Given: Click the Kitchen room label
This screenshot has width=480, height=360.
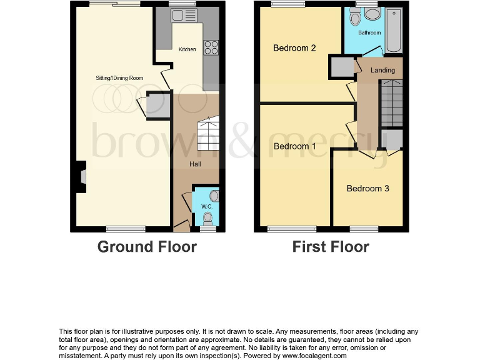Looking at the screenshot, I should (x=187, y=49).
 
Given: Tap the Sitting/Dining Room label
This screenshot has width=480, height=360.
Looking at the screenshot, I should (x=119, y=78).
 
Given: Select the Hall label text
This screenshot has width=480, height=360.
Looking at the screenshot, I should (x=196, y=164).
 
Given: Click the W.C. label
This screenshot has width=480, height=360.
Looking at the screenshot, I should (x=207, y=206).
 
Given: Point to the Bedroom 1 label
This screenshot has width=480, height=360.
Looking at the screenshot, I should (x=295, y=146).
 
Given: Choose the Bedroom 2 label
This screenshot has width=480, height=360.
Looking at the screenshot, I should (x=294, y=48).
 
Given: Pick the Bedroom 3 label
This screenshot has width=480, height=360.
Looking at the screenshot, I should (x=367, y=188).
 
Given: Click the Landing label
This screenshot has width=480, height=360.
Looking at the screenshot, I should (x=382, y=70).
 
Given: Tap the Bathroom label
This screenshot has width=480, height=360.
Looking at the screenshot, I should (x=369, y=32).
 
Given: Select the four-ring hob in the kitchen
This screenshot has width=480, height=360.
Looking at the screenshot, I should (x=211, y=47).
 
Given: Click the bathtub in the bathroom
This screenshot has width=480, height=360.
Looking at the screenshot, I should (x=394, y=31).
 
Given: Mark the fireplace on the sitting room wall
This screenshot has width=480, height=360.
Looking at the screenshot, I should (x=81, y=176).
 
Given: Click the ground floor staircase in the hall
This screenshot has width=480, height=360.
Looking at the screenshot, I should (x=207, y=134).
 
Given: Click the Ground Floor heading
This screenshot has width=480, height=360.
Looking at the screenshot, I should (x=147, y=247).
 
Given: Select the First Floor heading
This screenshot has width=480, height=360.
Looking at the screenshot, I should (x=331, y=247).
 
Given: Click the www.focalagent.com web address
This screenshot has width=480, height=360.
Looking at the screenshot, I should (x=310, y=356).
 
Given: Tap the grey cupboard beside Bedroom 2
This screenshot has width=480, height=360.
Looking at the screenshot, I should (x=341, y=67).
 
